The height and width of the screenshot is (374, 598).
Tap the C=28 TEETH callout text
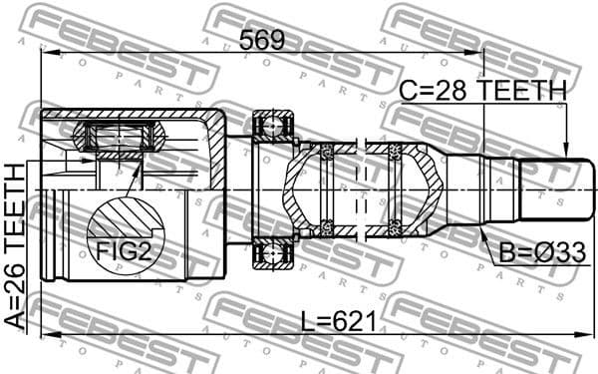click(482, 91)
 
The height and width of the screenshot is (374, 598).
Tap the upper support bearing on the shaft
click(272, 127)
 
